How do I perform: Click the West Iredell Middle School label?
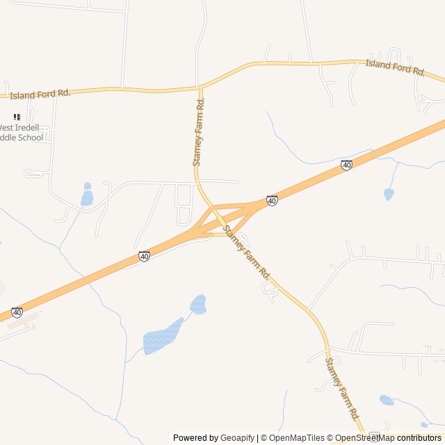coord(21,132)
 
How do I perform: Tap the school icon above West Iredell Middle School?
coord(17,117)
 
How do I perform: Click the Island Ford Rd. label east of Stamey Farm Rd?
coord(395,67)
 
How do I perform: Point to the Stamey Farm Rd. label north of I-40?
coord(199,131)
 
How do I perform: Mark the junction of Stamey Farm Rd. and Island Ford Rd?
coord(200,88)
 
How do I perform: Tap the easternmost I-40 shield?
coord(346,165)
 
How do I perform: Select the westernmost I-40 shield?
coord(17,312)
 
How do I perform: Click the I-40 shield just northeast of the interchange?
coord(272,200)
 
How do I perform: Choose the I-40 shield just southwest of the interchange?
coord(144,257)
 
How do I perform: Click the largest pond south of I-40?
coord(161,338)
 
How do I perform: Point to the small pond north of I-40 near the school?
coord(87,197)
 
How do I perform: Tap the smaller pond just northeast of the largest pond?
coord(198,305)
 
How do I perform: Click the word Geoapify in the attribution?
coord(237,438)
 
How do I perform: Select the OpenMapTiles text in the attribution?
coord(296,438)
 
